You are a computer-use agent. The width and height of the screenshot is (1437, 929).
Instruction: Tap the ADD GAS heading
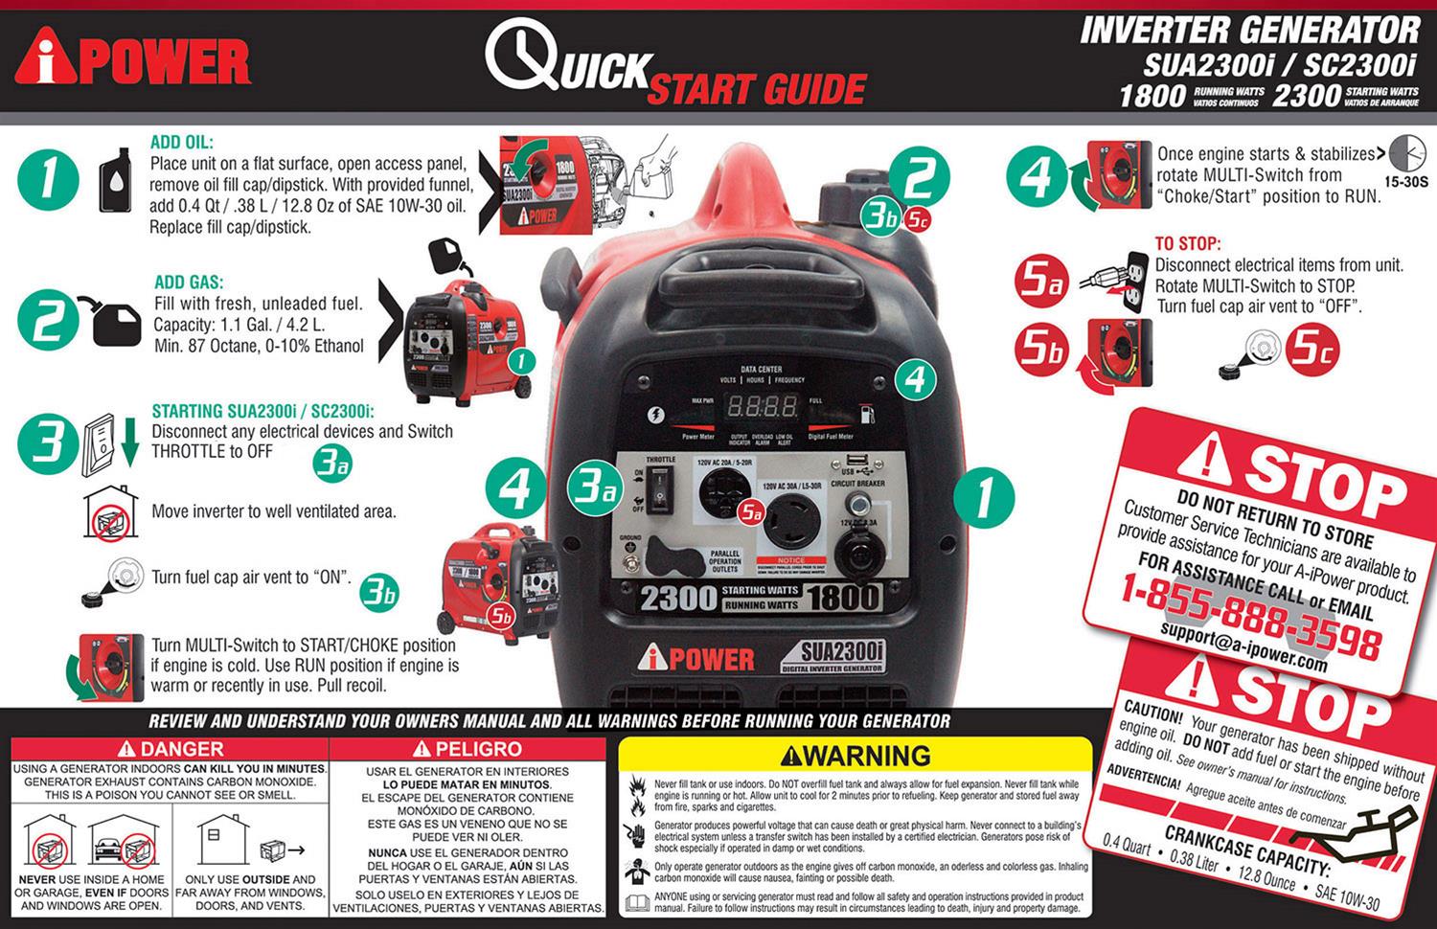(x=189, y=283)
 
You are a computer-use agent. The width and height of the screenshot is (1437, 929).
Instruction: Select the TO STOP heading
(x=1188, y=244)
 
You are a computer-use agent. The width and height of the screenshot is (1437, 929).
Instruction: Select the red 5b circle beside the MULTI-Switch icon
(x=1041, y=349)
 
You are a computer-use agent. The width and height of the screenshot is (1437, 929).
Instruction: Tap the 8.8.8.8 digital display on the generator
(x=762, y=406)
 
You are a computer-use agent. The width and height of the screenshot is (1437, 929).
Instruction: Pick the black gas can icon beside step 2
(x=116, y=323)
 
